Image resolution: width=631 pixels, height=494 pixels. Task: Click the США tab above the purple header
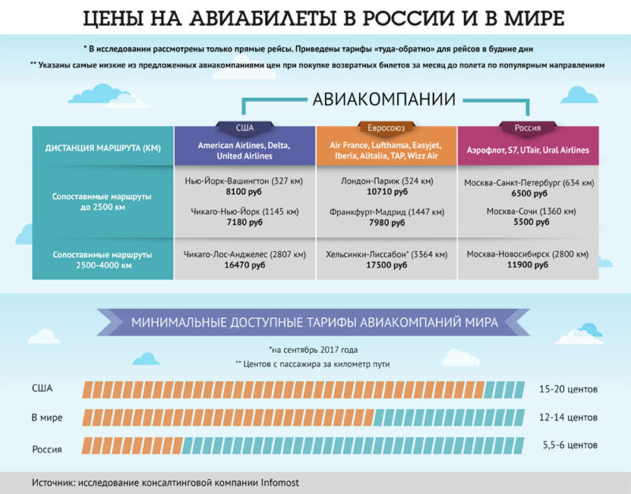[x=245, y=127]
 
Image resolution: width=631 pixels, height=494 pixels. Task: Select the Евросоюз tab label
[x=386, y=127]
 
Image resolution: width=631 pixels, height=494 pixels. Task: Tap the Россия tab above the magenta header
[x=528, y=127]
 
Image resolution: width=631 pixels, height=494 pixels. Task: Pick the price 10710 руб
[x=386, y=192]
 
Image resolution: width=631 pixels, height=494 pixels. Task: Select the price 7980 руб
[x=386, y=223]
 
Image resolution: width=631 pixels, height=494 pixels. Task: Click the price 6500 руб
[x=528, y=193]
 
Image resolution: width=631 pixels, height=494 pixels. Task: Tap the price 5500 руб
[x=528, y=223]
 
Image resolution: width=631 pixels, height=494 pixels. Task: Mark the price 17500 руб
[x=386, y=267]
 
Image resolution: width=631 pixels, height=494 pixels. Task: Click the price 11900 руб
[x=528, y=267]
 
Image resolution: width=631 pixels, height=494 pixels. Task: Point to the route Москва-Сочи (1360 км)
[x=528, y=212]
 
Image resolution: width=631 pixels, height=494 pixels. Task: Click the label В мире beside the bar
[x=47, y=417]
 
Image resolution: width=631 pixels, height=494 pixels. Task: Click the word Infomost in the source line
[x=279, y=481]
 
